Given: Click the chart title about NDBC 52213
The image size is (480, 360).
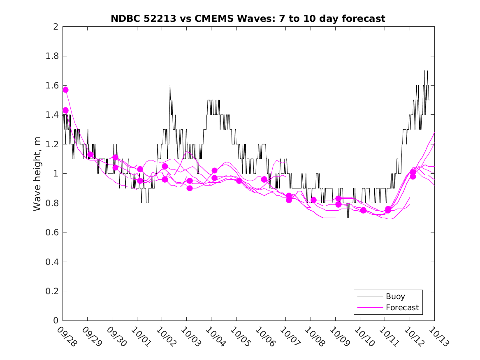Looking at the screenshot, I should (x=248, y=19).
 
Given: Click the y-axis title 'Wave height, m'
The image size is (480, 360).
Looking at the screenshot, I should (x=37, y=174).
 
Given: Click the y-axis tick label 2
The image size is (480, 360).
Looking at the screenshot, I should (x=55, y=27).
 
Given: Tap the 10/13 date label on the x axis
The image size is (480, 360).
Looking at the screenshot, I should (x=438, y=337).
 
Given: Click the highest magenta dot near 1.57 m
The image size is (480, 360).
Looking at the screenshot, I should (x=65, y=90).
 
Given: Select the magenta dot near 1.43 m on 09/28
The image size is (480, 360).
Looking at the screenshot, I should (x=65, y=110).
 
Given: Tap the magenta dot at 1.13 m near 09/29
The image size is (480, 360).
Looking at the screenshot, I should (x=90, y=154).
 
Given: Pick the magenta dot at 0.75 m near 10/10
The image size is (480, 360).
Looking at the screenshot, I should (x=363, y=210).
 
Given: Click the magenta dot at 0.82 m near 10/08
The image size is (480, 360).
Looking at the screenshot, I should (x=314, y=200).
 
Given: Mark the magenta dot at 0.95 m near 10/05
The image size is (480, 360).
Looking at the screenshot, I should (x=239, y=181).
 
